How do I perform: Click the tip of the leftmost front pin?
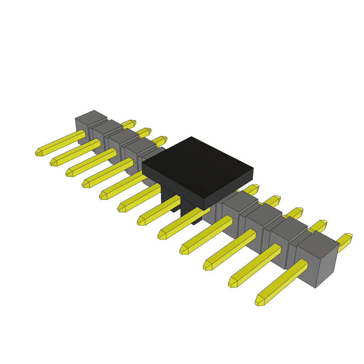point(39,152)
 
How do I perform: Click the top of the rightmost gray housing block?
point(317,244)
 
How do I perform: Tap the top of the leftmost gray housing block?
point(91,117)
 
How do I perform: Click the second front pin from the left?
point(76,153)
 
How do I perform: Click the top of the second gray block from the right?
point(288,226)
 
